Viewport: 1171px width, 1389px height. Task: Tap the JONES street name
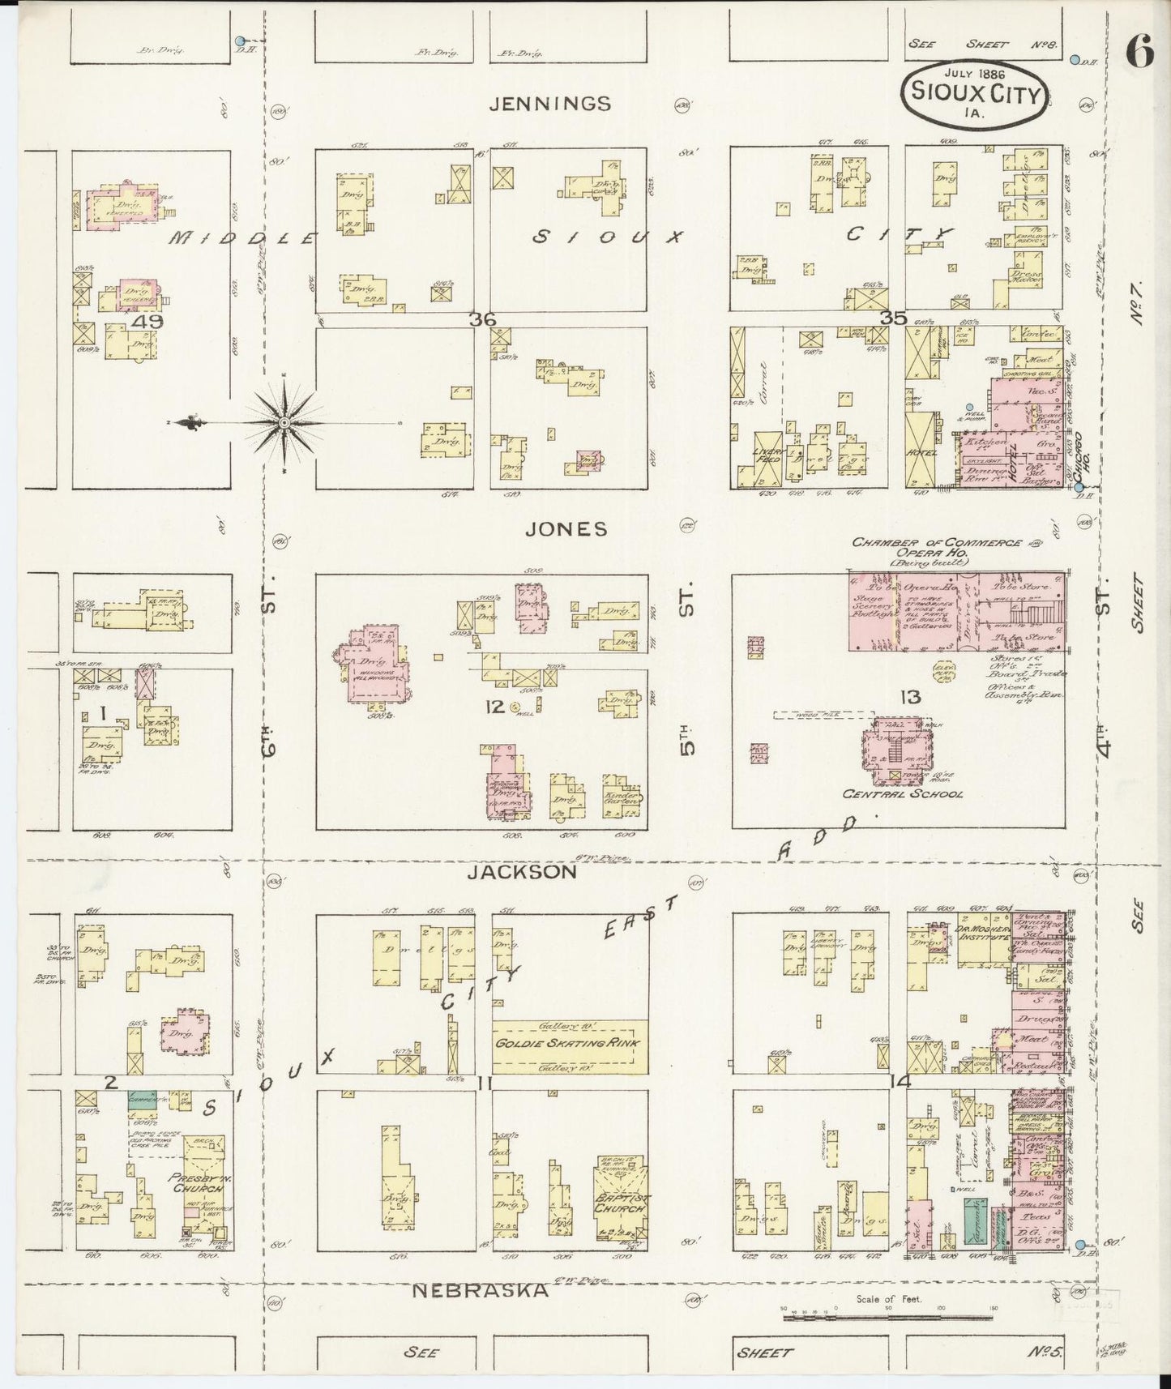(566, 529)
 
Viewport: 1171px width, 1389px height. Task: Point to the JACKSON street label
(523, 872)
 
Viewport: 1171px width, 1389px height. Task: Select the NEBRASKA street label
(481, 1291)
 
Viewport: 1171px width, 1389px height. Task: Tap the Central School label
(903, 794)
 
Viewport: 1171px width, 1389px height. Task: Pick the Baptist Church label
(622, 1207)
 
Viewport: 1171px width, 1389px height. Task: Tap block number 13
(909, 696)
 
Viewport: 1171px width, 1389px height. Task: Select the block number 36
(483, 319)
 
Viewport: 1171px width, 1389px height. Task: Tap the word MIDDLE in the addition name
(243, 238)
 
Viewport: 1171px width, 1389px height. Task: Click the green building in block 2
(142, 1100)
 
